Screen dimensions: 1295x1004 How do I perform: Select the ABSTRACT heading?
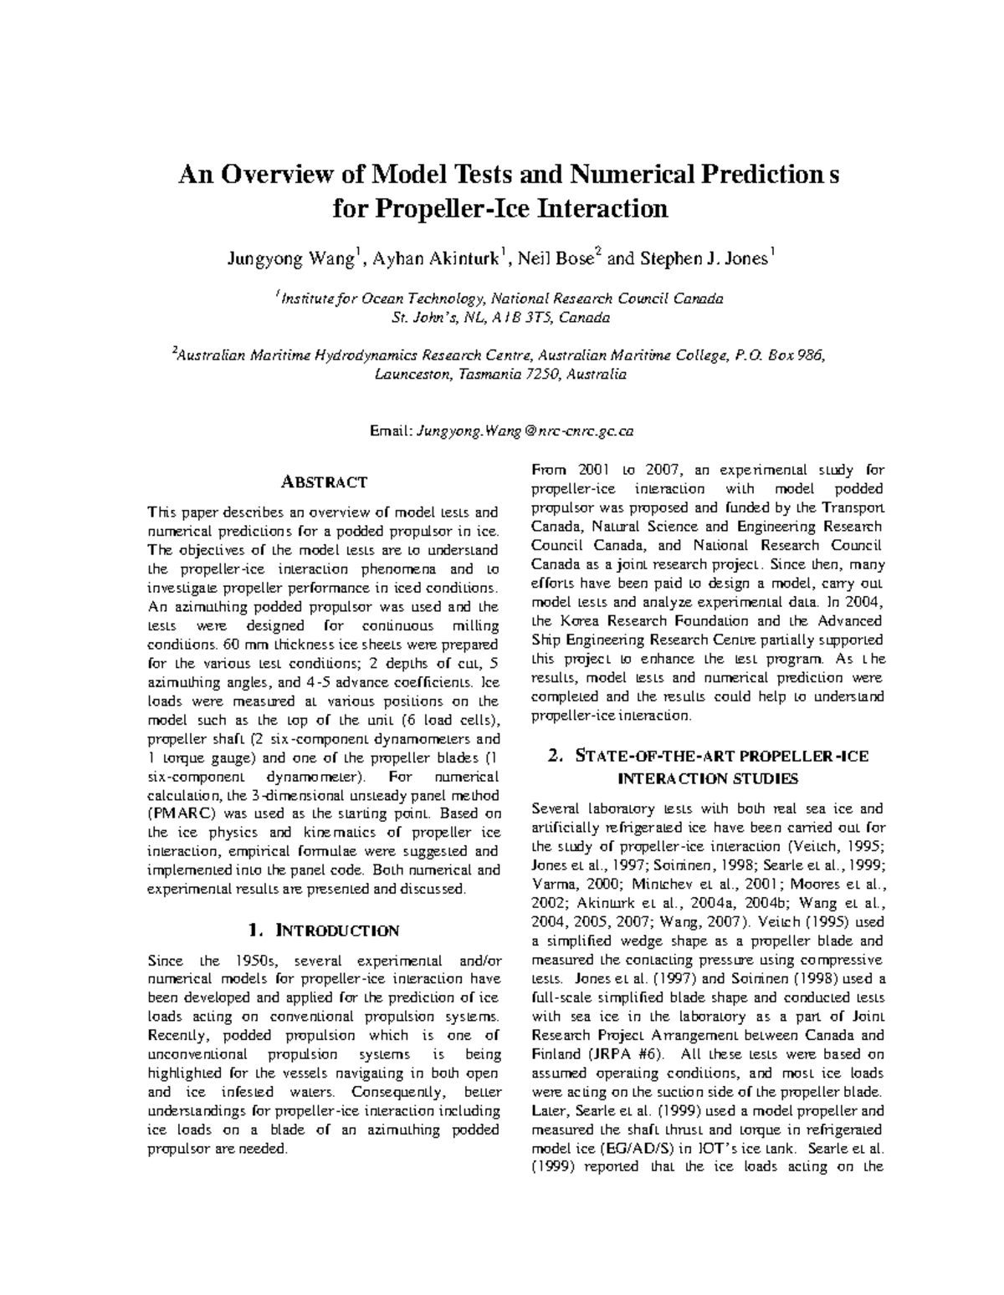pyautogui.click(x=323, y=482)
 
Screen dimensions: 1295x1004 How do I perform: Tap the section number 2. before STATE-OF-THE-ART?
pyautogui.click(x=556, y=757)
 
